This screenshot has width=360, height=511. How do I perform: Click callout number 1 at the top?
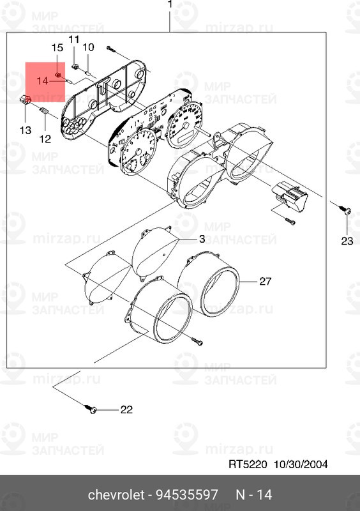coord(170,6)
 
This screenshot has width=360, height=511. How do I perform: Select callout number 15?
coord(57,48)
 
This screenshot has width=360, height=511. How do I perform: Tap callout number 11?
coord(73,40)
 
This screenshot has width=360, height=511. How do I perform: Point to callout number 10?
coord(88,47)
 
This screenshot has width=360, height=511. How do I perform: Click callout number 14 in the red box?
coord(42,80)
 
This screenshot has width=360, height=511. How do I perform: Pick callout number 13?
coord(24,130)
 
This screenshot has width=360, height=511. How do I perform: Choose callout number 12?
coord(45,139)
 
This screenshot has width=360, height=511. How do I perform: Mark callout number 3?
coord(201,239)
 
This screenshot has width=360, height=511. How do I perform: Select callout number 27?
coord(265,281)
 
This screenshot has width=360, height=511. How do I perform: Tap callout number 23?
coord(347,241)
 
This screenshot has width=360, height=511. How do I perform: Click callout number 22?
coord(126,409)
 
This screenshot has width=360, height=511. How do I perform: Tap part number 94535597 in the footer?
coord(188,495)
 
